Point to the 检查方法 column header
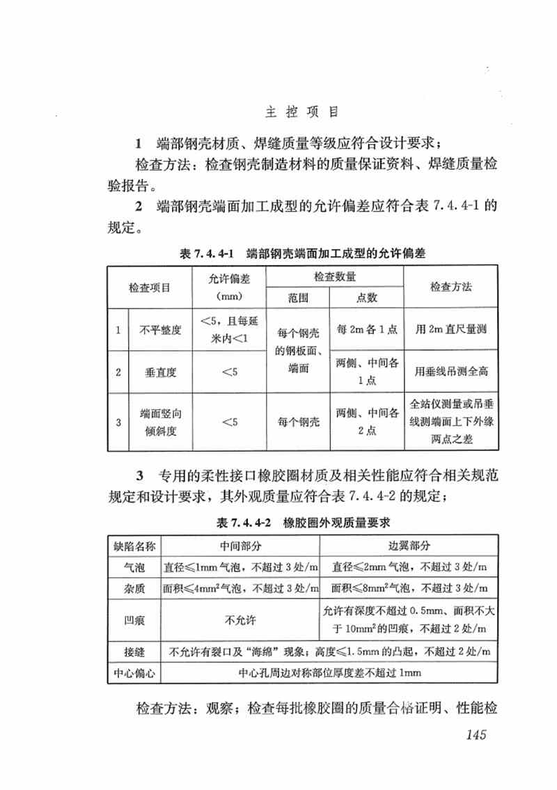point(450,287)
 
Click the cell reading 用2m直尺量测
point(450,330)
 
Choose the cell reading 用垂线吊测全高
point(450,372)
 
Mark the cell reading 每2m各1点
point(367,330)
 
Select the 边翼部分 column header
point(409,544)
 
